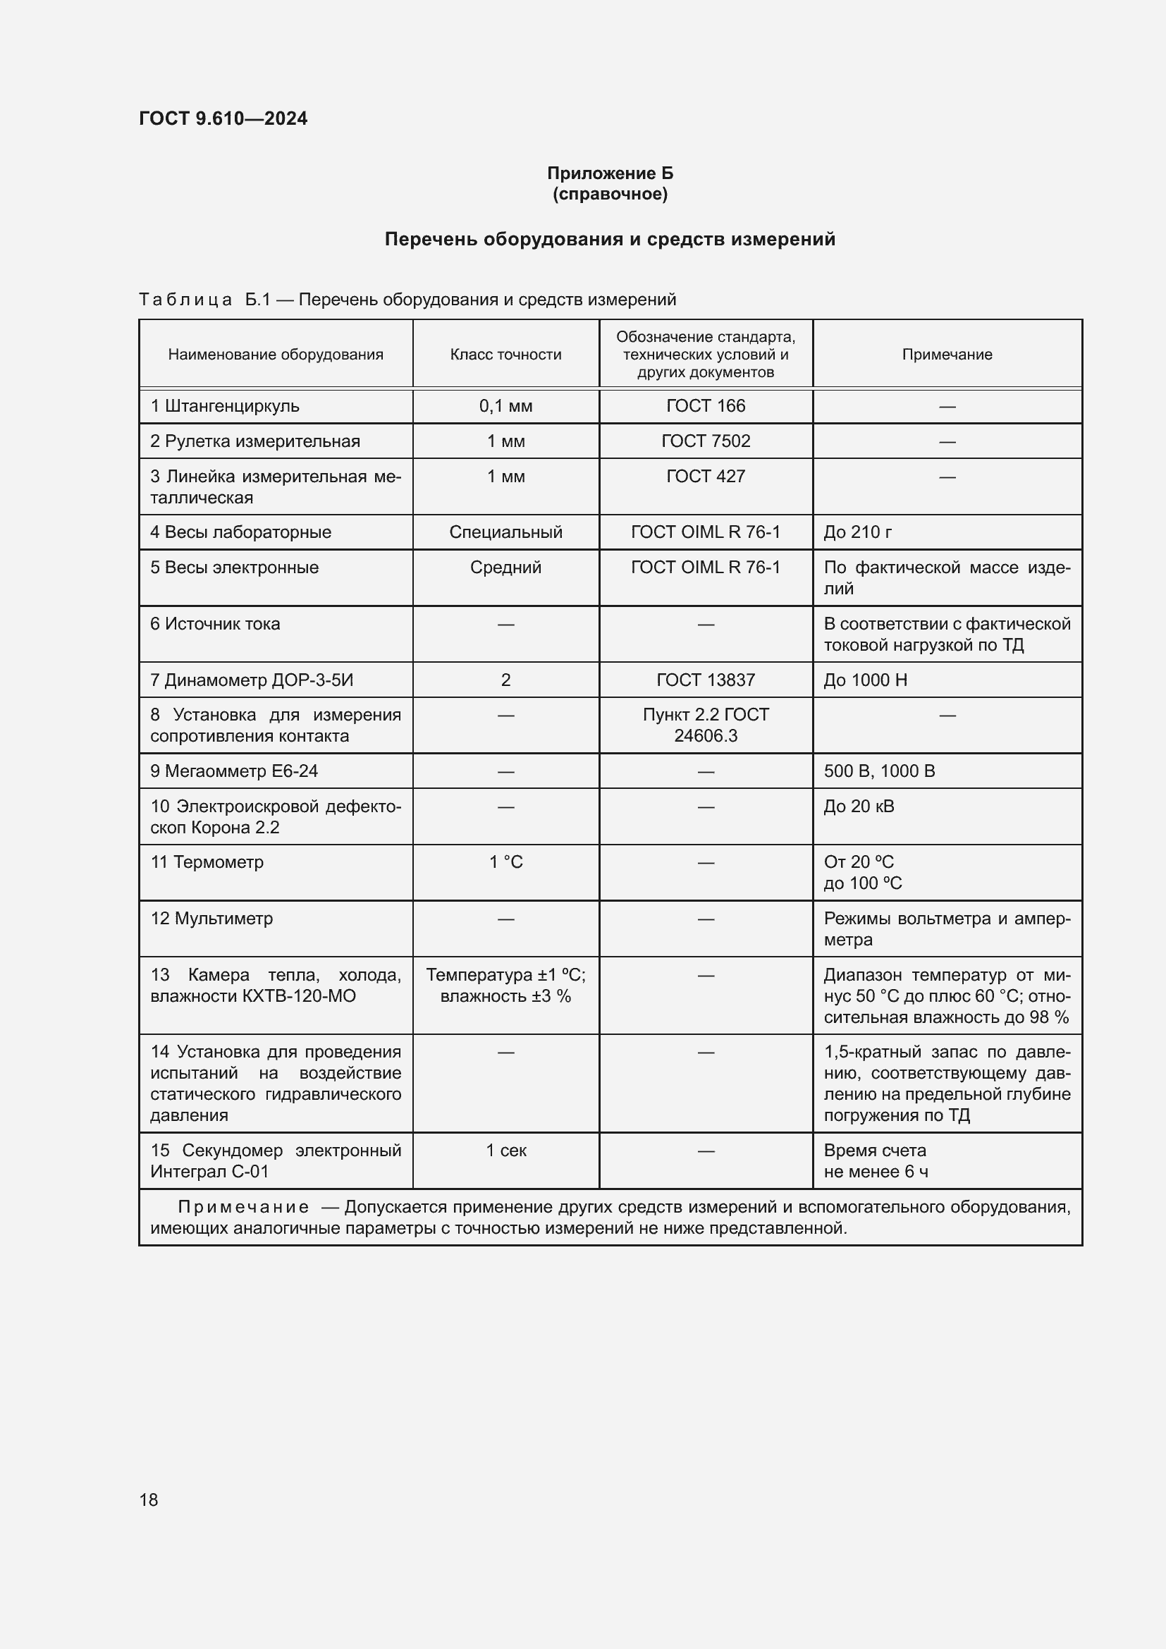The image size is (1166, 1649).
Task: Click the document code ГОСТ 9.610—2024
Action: click(223, 118)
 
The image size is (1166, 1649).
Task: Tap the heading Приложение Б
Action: click(610, 173)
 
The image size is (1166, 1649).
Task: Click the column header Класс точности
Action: click(505, 354)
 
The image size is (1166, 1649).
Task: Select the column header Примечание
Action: click(946, 354)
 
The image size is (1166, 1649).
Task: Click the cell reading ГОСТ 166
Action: click(705, 406)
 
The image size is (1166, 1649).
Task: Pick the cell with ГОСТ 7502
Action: click(705, 441)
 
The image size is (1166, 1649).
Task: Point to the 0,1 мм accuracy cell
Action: click(505, 406)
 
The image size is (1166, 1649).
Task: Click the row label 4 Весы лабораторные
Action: click(240, 532)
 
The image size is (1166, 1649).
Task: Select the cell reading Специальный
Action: click(505, 532)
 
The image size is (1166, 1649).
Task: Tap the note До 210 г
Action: click(857, 532)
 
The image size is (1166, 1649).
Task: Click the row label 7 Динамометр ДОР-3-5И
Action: click(251, 680)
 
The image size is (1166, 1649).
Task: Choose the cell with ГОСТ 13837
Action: click(705, 680)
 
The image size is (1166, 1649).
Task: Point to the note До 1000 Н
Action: click(865, 680)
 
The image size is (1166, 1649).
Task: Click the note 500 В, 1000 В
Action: click(879, 771)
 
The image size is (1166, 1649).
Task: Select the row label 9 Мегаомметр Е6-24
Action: click(233, 771)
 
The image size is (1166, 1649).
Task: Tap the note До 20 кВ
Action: click(859, 806)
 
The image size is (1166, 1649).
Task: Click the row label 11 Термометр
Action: click(207, 862)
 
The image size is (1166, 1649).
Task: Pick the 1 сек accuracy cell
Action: click(505, 1150)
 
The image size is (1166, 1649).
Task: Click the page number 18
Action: click(149, 1500)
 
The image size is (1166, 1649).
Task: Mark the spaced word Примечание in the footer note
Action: click(243, 1206)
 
